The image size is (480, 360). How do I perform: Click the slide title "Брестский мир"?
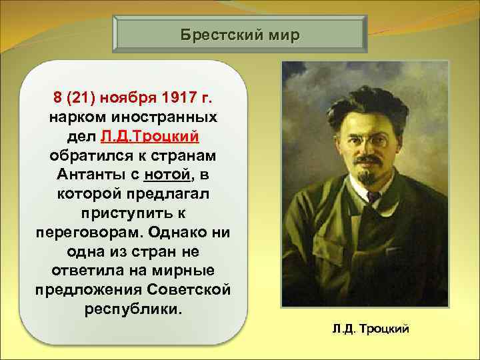pyautogui.click(x=241, y=34)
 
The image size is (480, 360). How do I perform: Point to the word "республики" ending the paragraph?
pyautogui.click(x=131, y=311)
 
